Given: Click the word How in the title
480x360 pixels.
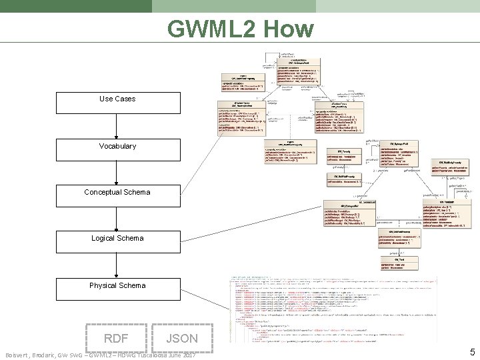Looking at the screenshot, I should click(288, 29).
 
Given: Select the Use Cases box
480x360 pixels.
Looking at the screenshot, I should click(117, 99).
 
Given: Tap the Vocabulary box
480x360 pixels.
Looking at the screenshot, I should click(117, 146).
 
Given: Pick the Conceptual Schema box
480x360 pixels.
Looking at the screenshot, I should click(117, 193).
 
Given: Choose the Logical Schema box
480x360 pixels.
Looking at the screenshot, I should click(117, 239).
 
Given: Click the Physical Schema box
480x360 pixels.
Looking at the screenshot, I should click(117, 285).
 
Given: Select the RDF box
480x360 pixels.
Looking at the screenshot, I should click(117, 338).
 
